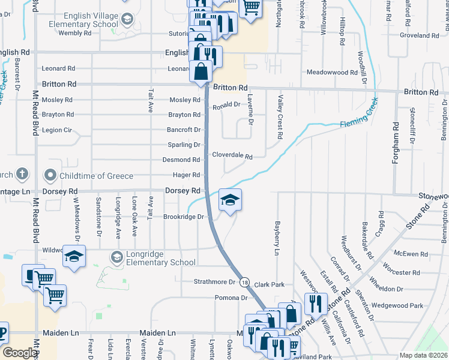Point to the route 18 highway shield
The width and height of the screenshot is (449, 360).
pyautogui.click(x=244, y=282)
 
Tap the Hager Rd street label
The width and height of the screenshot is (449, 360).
pyautogui.click(x=186, y=175)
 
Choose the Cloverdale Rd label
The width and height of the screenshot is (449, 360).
pyautogui.click(x=232, y=155)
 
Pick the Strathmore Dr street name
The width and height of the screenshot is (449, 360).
pyautogui.click(x=214, y=281)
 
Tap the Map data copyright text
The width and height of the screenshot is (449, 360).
pyautogui.click(x=424, y=355)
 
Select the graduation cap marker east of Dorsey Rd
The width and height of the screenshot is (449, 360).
pyautogui.click(x=229, y=201)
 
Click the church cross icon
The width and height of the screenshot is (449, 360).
pyautogui.click(x=22, y=175)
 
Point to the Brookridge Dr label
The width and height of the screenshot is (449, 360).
pyautogui.click(x=184, y=217)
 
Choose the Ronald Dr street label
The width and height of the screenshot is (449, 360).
pyautogui.click(x=226, y=104)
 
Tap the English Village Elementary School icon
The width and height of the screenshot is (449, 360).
pyautogui.click(x=127, y=20)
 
